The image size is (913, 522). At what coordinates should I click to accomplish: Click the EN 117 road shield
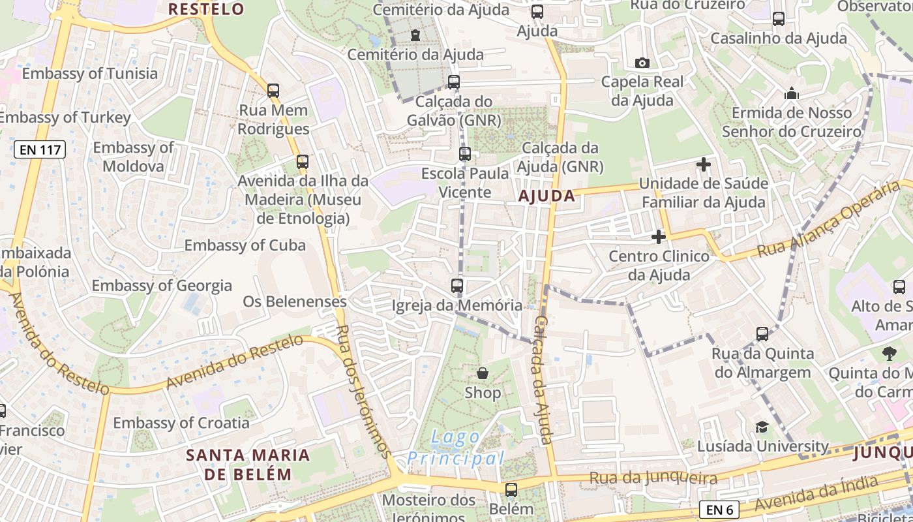(40, 149)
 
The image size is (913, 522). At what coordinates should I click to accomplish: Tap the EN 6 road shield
(719, 509)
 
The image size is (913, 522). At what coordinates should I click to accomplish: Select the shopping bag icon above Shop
(483, 373)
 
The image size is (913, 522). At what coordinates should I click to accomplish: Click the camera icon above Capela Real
(642, 63)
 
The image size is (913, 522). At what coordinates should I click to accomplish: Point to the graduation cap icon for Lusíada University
(762, 427)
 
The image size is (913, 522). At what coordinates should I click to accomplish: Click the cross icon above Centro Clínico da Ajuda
(659, 237)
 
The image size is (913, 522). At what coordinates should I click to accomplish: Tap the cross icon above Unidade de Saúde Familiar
(704, 164)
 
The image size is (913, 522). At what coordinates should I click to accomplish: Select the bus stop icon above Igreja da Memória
(457, 286)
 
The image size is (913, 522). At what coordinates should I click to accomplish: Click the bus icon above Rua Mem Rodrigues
(273, 91)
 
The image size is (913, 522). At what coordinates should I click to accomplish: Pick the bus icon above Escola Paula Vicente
(465, 154)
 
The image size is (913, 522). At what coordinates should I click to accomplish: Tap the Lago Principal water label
(456, 448)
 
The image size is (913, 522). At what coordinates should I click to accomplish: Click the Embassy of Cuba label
(245, 245)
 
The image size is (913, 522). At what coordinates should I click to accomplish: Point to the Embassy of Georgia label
(162, 285)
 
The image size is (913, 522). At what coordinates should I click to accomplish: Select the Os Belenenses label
(295, 301)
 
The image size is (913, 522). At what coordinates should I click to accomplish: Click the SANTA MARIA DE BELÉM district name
(248, 464)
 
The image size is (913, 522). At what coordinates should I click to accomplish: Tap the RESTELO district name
(206, 9)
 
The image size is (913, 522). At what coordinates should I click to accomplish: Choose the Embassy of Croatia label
(181, 423)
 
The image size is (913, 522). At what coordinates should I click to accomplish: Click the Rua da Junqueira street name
(653, 478)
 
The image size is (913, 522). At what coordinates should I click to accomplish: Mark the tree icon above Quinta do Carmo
(890, 354)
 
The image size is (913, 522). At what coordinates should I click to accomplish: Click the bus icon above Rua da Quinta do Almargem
(762, 334)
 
